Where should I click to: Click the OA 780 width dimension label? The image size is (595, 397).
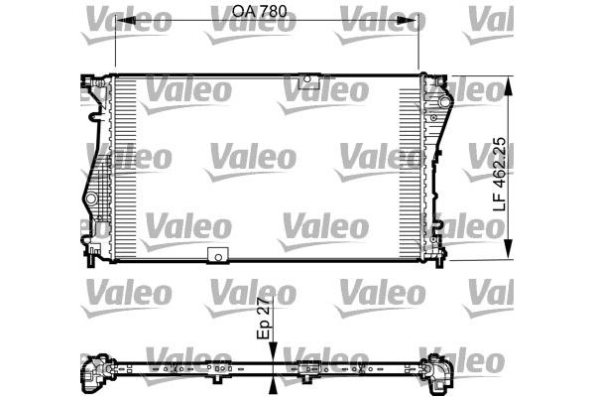[238, 12]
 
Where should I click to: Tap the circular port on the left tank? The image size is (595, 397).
[91, 200]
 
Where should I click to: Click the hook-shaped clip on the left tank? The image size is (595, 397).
[95, 118]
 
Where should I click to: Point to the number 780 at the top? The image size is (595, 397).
[252, 12]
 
